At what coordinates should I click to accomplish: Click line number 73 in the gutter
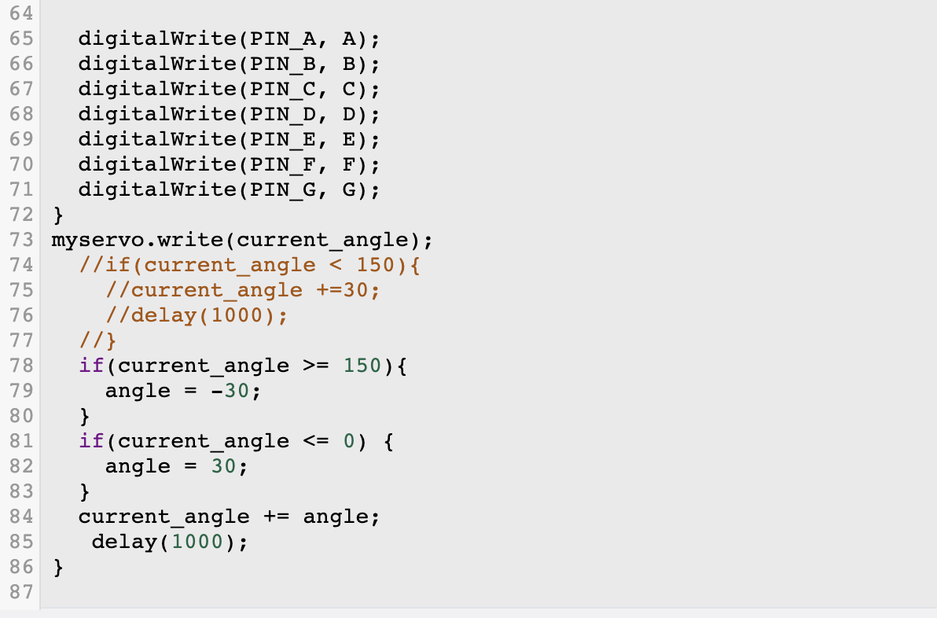(20, 240)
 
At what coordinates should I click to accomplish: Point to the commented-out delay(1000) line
(197, 315)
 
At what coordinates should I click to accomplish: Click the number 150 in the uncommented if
(362, 366)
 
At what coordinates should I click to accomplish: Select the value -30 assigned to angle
(230, 391)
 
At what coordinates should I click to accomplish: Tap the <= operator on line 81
(316, 441)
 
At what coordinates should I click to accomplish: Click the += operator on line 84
(277, 517)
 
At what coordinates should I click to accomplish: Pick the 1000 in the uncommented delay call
(197, 542)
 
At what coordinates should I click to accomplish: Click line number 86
(20, 567)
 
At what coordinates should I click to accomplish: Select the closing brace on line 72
(57, 215)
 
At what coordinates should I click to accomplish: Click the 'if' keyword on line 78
(91, 366)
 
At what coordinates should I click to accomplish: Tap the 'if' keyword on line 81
(91, 441)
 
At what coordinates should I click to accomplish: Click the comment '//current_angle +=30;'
(243, 290)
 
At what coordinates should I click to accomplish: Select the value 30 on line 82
(224, 466)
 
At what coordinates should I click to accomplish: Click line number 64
(20, 13)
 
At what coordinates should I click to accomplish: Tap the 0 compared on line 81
(349, 441)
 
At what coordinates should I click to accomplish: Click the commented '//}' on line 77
(97, 340)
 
